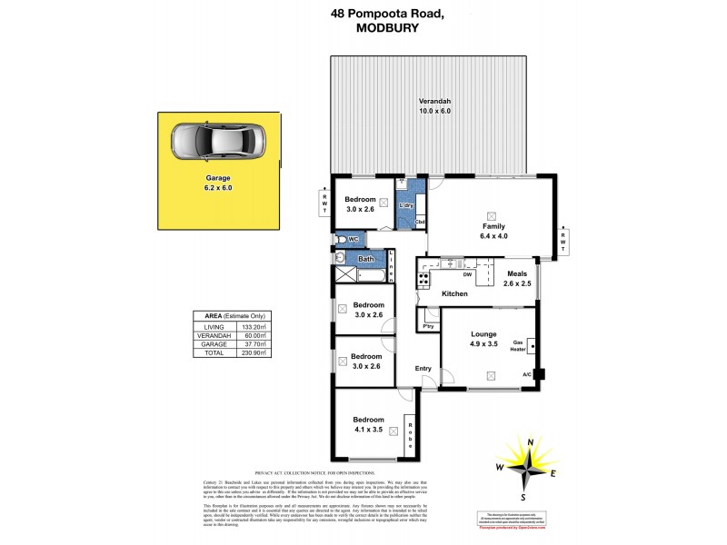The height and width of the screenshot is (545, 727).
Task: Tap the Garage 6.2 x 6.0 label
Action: [217, 183]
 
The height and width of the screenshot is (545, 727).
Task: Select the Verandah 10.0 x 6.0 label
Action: [434, 105]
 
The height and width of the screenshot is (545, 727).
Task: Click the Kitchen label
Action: [454, 293]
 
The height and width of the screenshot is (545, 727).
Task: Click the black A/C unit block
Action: [540, 373]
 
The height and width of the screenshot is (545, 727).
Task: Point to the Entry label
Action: [423, 368]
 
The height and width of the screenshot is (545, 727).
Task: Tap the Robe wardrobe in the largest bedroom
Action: [410, 434]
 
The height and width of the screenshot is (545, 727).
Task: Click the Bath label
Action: [365, 260]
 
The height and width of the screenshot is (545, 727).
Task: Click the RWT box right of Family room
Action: [563, 239]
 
